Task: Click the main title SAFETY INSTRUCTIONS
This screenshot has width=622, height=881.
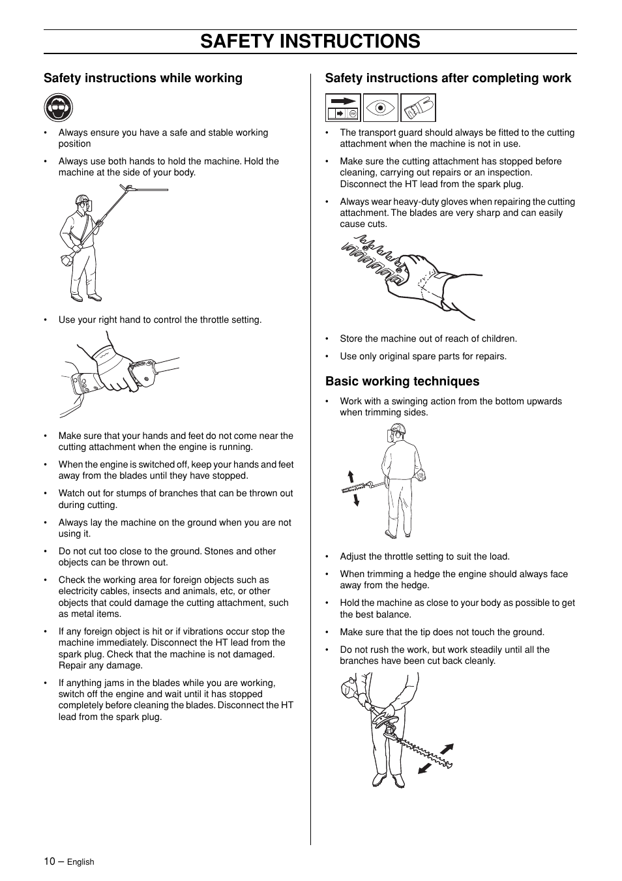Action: click(x=310, y=41)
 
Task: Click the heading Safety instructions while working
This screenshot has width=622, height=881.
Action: click(x=143, y=78)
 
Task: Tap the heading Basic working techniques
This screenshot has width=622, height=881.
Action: click(x=402, y=381)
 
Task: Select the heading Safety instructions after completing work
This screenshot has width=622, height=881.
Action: click(x=448, y=78)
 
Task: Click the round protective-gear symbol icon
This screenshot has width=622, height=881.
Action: click(x=59, y=108)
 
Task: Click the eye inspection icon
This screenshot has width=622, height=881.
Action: click(x=380, y=108)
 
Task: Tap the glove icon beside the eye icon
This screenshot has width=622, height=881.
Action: click(x=417, y=108)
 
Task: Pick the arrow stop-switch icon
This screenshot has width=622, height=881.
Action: click(x=343, y=108)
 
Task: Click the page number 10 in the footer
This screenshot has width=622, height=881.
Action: click(x=50, y=861)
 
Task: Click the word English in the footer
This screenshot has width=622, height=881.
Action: click(x=81, y=862)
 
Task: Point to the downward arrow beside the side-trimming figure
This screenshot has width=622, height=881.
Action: click(x=356, y=500)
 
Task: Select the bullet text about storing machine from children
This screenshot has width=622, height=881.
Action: click(x=428, y=339)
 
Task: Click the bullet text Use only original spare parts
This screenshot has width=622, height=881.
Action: click(x=422, y=357)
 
